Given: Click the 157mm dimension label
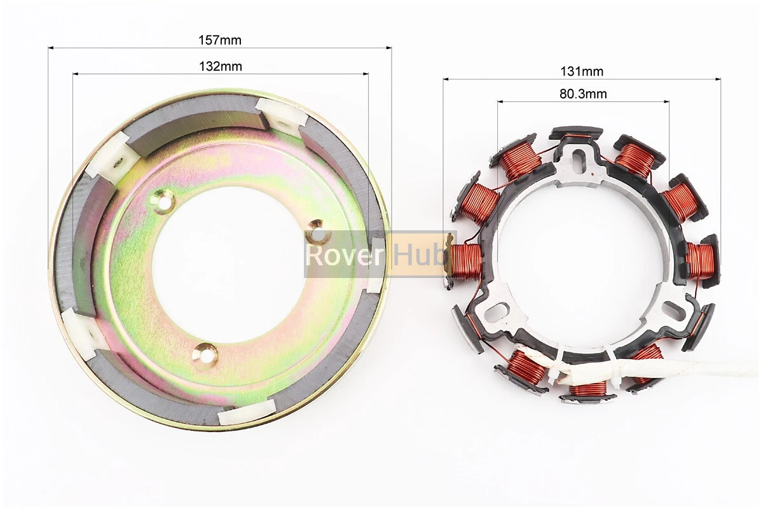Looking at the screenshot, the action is coord(220,40).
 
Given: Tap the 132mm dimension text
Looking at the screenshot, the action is coord(221,66).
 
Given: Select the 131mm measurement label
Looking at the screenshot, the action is coord(582,71).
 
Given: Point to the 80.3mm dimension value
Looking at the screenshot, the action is coord(583,94).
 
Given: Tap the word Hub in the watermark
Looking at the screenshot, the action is coord(420,254).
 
